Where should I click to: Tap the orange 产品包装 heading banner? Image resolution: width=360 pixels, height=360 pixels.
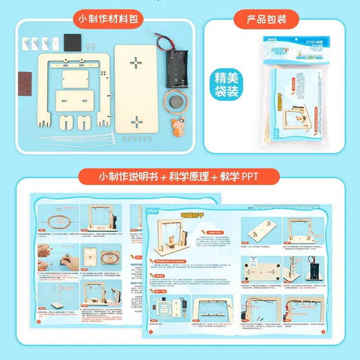point(269,19)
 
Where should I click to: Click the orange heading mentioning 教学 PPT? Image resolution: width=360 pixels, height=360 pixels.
point(179,178)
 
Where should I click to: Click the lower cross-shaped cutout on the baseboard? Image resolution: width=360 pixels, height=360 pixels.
point(136,122)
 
